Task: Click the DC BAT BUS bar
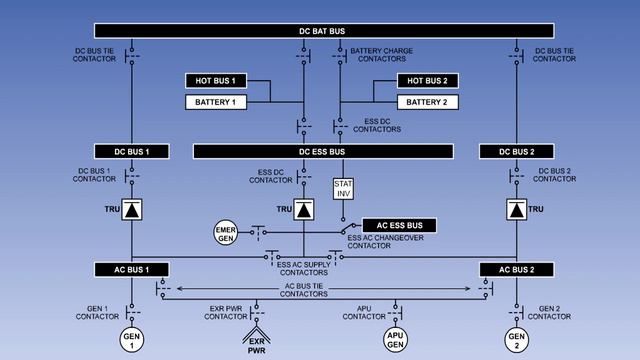click(321, 31)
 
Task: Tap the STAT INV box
click(343, 189)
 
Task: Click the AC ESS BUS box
click(399, 225)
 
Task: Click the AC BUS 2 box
click(515, 270)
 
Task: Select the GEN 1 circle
click(132, 338)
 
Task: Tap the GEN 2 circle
click(516, 338)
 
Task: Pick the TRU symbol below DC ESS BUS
click(304, 210)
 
